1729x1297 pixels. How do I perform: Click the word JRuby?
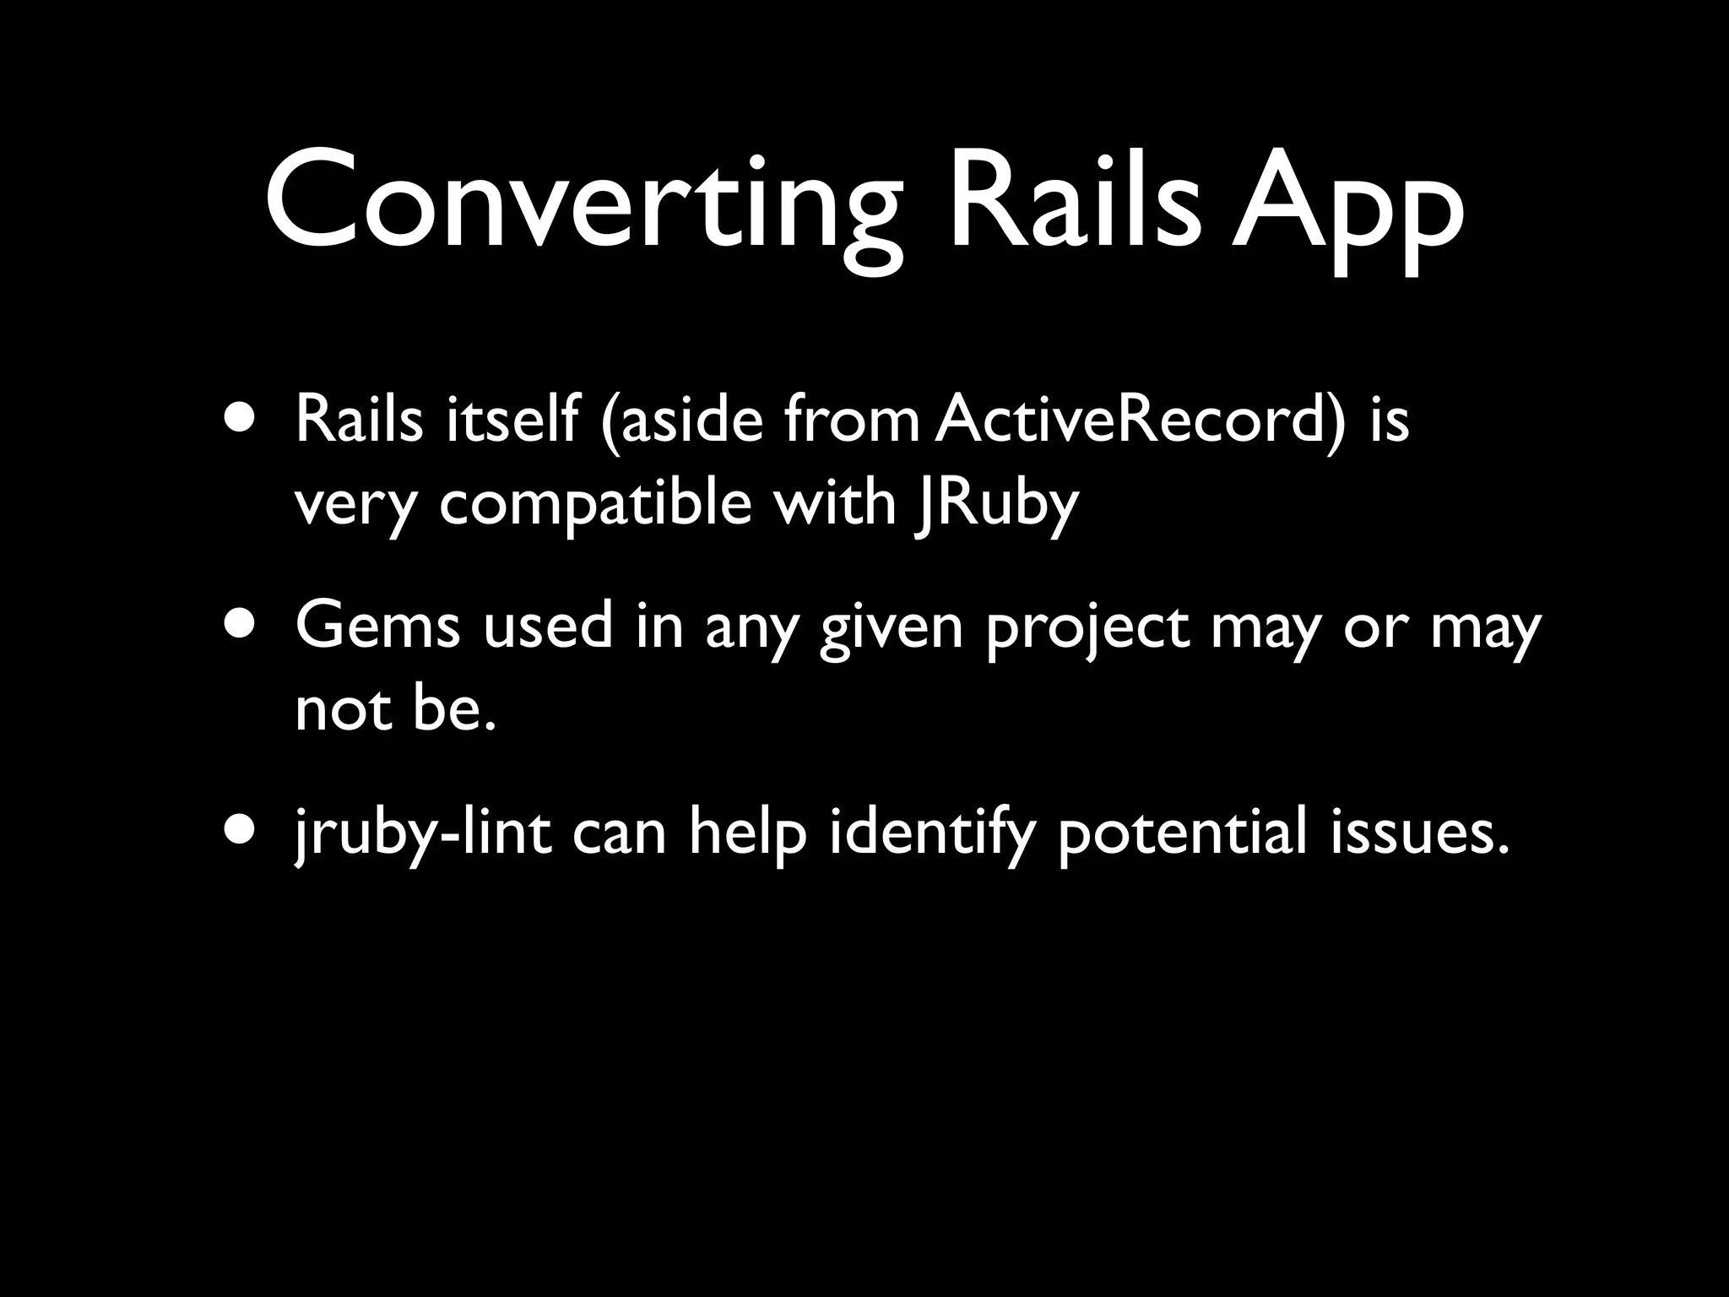pos(995,504)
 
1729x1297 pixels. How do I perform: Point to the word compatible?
pos(595,504)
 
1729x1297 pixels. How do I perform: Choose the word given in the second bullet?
pos(891,629)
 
